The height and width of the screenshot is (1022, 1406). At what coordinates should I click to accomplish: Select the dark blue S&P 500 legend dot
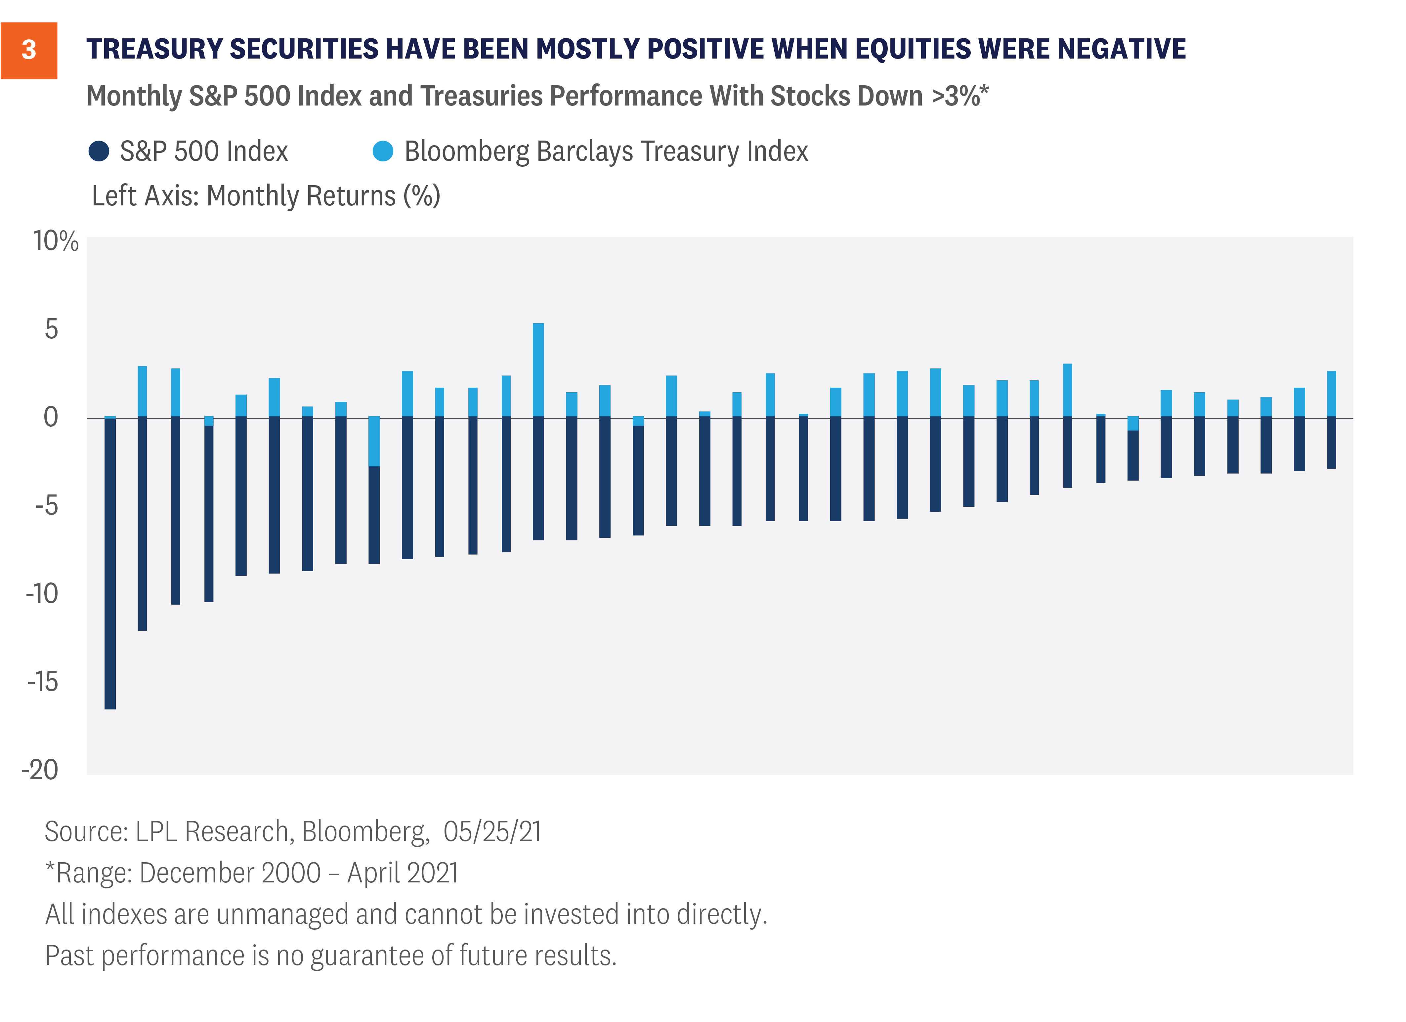pyautogui.click(x=99, y=151)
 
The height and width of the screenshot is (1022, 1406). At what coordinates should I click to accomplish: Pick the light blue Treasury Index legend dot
pyautogui.click(x=383, y=151)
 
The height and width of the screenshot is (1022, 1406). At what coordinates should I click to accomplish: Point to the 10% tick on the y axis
pyautogui.click(x=56, y=241)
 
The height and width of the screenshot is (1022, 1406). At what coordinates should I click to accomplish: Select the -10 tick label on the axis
pyautogui.click(x=42, y=594)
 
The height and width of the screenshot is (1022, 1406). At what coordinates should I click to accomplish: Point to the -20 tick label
pyautogui.click(x=40, y=770)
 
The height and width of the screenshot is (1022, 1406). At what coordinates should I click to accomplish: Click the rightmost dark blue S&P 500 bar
pyautogui.click(x=1331, y=443)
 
